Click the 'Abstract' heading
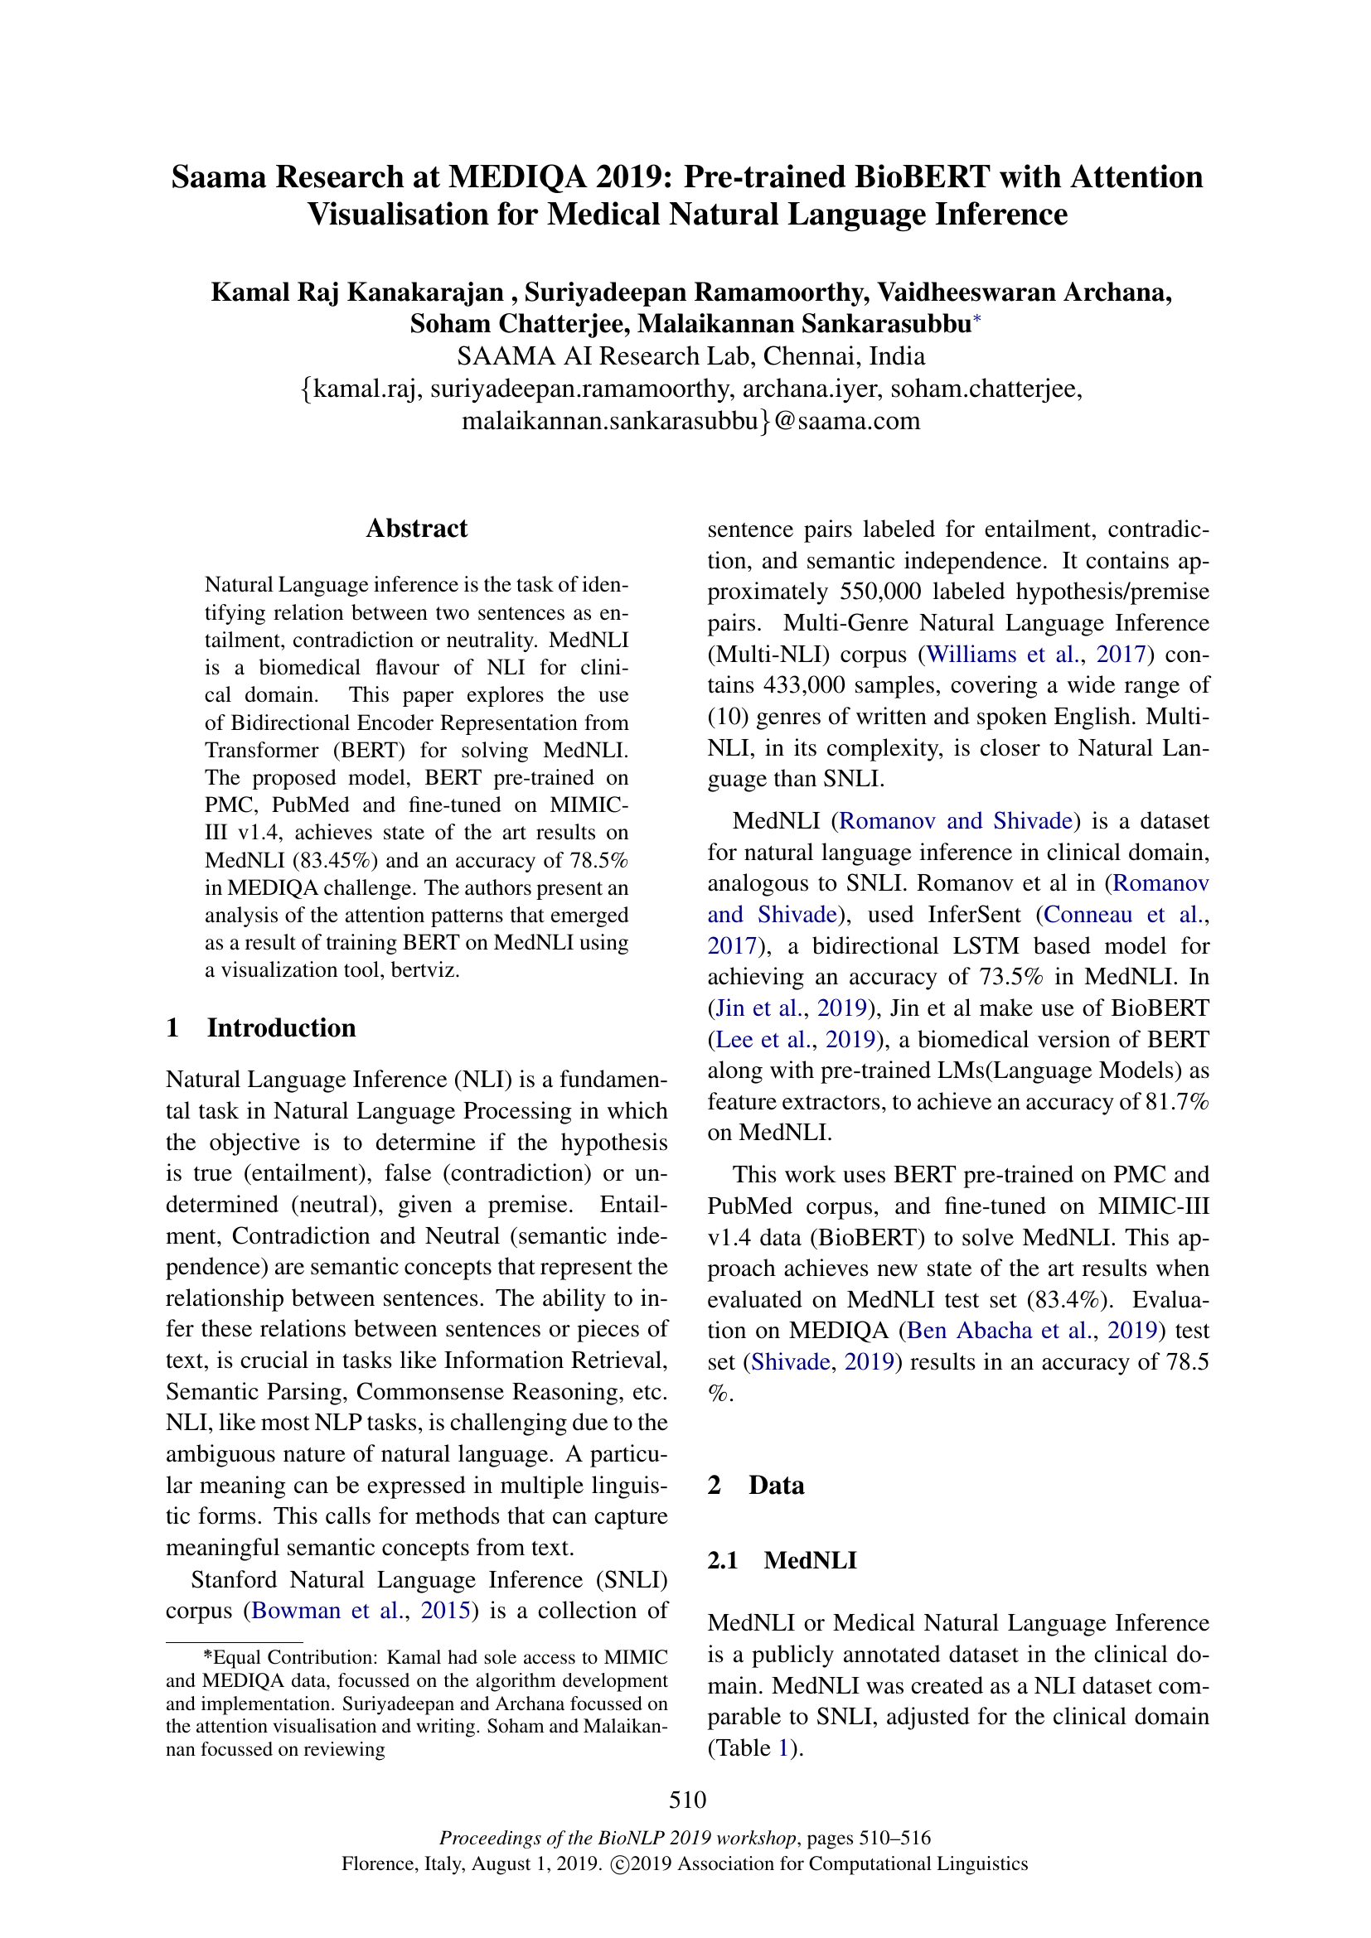point(416,529)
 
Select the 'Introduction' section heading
point(281,1028)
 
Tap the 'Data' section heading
point(776,1486)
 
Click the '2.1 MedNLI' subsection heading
point(782,1561)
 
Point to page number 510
point(687,1800)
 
